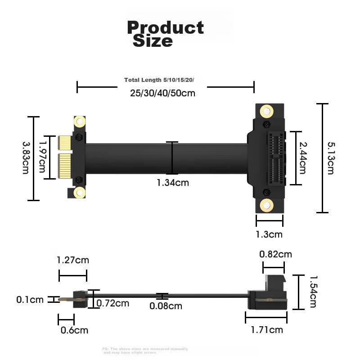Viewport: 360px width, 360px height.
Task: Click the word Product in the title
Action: tap(165, 28)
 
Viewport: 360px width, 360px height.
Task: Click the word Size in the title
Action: tap(153, 41)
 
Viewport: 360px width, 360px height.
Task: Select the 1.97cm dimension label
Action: tap(42, 157)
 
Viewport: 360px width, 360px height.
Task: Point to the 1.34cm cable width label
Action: tap(173, 183)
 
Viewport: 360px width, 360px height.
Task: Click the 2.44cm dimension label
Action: tap(303, 157)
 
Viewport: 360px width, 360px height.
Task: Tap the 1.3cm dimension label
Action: tap(269, 234)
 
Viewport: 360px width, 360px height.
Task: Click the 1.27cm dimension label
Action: tap(72, 260)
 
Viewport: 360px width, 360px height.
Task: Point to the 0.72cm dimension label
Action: tap(113, 303)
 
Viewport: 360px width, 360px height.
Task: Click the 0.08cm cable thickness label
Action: tap(166, 306)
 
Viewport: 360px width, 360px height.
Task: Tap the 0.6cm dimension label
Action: tap(74, 331)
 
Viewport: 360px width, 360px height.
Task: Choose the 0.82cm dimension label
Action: tap(275, 254)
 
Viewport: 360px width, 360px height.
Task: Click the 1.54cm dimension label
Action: tap(313, 292)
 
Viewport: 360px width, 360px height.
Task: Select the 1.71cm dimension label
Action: tap(267, 330)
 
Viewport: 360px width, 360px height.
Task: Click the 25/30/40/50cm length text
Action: tap(162, 93)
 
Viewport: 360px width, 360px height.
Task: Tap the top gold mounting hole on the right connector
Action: tap(266, 111)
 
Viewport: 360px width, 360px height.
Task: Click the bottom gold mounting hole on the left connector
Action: tap(80, 193)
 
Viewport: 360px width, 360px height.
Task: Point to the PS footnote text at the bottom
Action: tap(145, 351)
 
